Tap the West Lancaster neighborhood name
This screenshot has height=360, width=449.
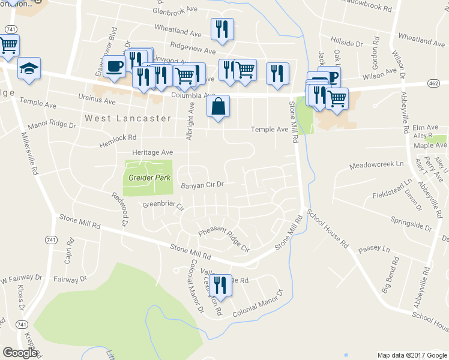(x=128, y=118)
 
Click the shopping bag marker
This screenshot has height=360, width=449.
(x=219, y=106)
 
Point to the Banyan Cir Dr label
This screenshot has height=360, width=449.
(x=202, y=185)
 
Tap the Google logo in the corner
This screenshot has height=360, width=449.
(x=20, y=353)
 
